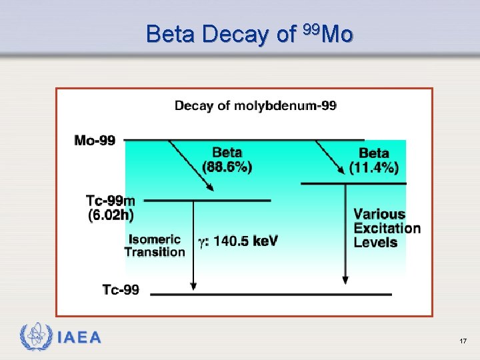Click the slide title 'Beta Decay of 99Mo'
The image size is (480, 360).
[x=249, y=33]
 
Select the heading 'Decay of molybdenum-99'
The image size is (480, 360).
[x=255, y=105]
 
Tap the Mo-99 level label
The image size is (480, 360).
[x=95, y=140]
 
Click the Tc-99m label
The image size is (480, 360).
[x=110, y=201]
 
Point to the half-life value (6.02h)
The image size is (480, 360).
[x=111, y=215]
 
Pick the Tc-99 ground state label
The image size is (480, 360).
[x=121, y=289]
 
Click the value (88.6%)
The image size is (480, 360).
[x=227, y=168]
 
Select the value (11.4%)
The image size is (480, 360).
[x=373, y=168]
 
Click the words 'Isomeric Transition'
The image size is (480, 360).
[x=155, y=245]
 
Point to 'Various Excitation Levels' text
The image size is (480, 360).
[x=387, y=228]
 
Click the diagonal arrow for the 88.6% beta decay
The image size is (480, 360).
[x=191, y=166]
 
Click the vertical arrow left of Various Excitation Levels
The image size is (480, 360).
[x=345, y=233]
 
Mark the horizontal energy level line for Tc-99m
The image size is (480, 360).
[x=207, y=200]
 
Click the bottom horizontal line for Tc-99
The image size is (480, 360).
[x=270, y=294]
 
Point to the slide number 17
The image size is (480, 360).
[x=462, y=341]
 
